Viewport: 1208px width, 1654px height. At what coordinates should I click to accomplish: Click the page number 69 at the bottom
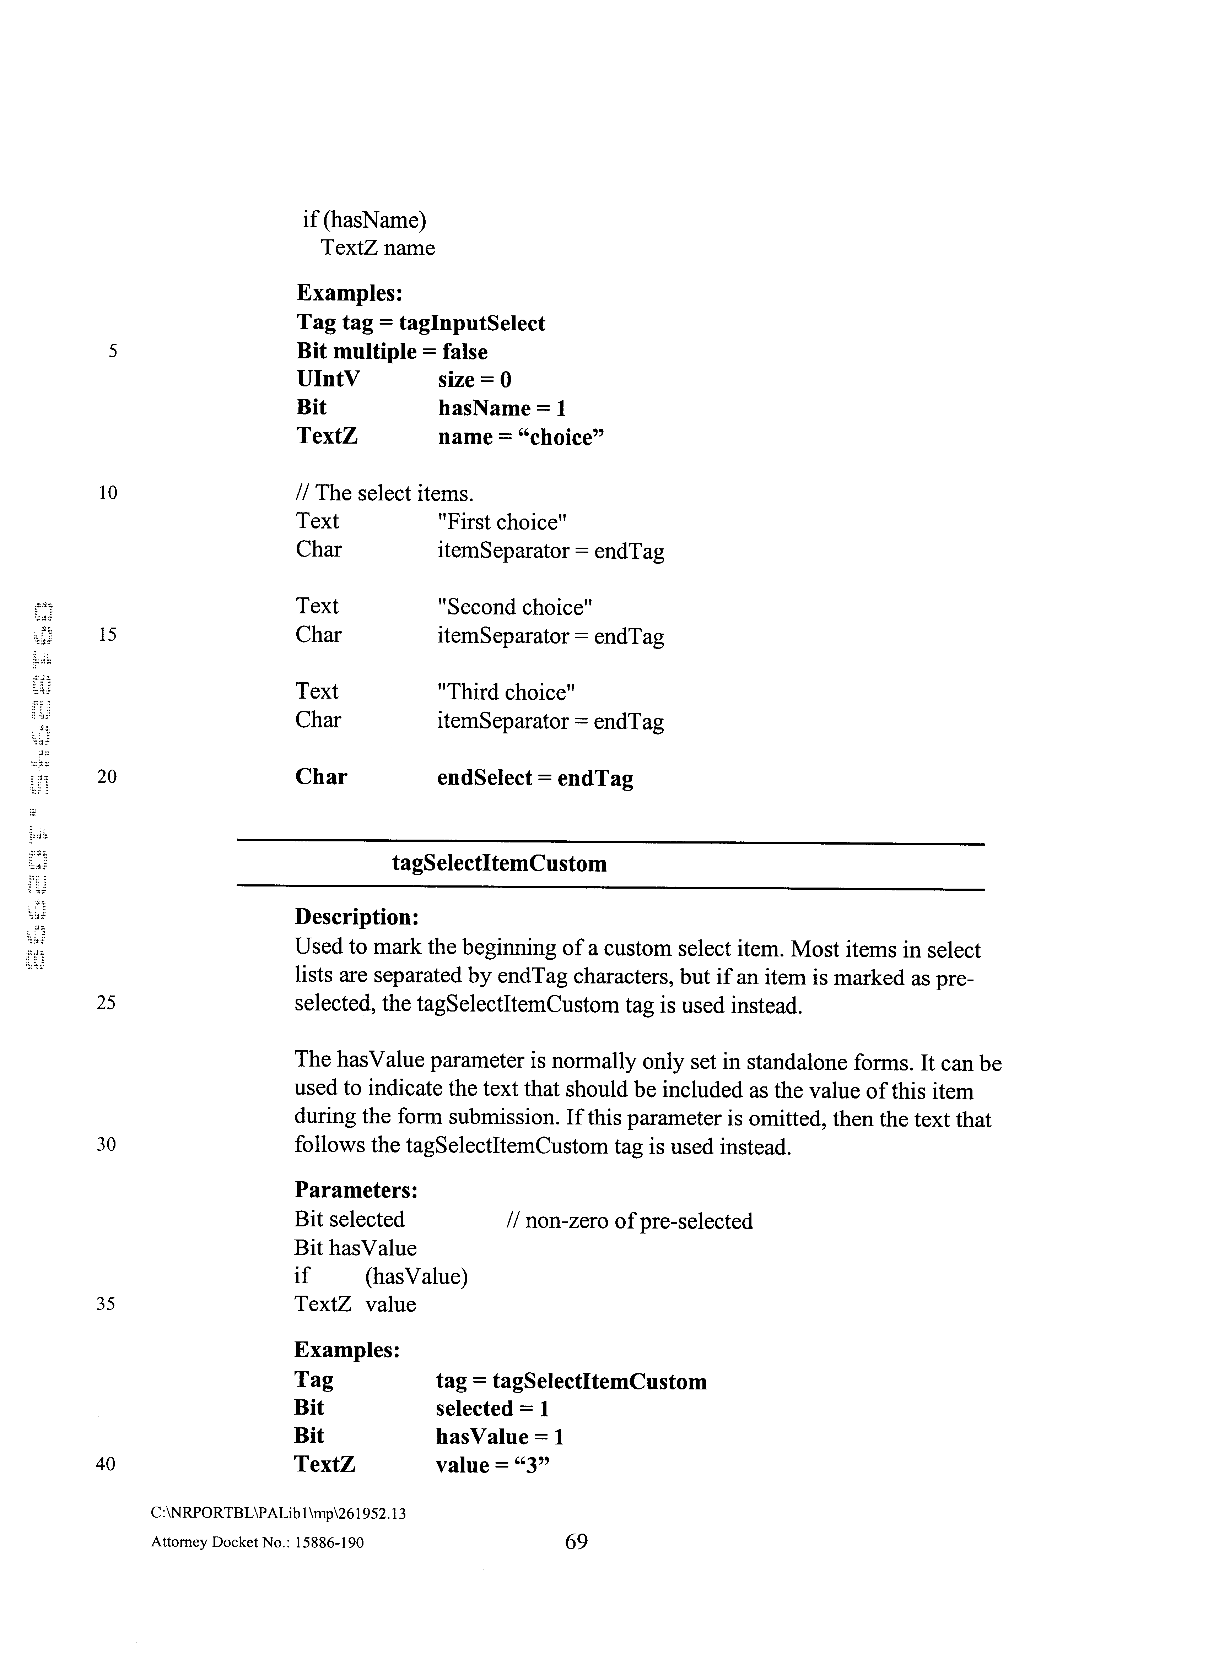(x=576, y=1541)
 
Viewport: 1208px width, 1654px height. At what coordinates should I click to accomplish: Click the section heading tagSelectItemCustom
(x=500, y=864)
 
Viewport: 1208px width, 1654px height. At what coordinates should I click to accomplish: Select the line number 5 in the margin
(x=113, y=351)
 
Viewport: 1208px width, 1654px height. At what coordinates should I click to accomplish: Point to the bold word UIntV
(x=328, y=379)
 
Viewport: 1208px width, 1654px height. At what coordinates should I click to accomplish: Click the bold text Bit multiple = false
(x=392, y=352)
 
